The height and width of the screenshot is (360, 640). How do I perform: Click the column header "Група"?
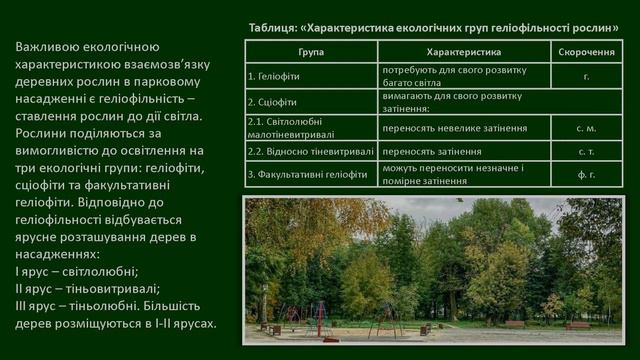pos(311,51)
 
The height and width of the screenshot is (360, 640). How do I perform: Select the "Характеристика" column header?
pos(463,51)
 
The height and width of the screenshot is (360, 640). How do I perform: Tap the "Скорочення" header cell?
pos(586,51)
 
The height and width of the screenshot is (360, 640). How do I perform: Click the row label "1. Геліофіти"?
pos(273,76)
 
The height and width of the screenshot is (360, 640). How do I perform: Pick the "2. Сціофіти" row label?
pos(270,102)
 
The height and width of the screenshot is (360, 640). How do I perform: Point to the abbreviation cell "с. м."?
pos(586,128)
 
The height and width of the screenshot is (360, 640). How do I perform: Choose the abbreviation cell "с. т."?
pos(586,151)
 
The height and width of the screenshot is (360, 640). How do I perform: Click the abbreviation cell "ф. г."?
pos(586,175)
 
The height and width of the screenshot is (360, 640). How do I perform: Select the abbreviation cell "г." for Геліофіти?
pos(586,76)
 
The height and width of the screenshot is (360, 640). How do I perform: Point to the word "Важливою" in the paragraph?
pos(50,47)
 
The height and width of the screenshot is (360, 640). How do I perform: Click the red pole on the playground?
pos(320,319)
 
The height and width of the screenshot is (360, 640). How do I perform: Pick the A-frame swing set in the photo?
pos(385,321)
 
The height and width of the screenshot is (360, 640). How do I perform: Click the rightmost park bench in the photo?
pos(577,325)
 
